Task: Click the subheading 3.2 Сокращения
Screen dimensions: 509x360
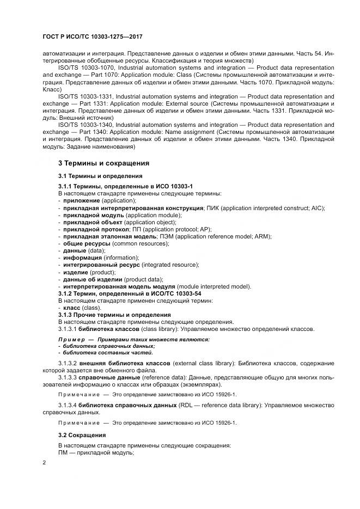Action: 82,436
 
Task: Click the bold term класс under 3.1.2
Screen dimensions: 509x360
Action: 71,308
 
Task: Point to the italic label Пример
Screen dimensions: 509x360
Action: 71,339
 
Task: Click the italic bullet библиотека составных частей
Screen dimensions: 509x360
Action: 99,353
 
